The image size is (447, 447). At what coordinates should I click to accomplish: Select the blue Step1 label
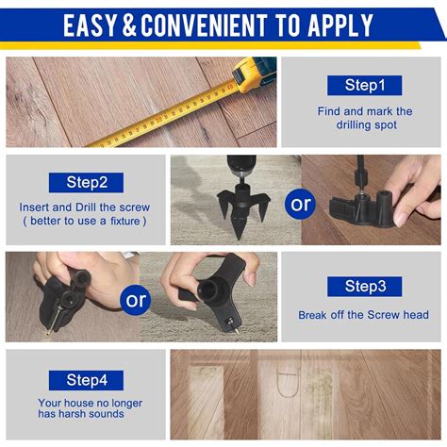pos(364,86)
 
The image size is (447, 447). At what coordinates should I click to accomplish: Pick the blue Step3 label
pos(364,286)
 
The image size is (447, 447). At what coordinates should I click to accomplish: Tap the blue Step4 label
pos(86,380)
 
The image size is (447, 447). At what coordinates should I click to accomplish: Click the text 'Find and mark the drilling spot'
pos(364,118)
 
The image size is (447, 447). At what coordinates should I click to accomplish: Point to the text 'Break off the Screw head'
pos(364,316)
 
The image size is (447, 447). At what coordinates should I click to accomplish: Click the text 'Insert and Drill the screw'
pos(85,207)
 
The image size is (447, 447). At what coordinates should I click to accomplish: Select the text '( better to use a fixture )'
pos(85,222)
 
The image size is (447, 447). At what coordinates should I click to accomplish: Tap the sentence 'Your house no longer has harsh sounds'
pos(91,409)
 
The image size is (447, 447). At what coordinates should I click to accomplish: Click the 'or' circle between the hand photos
pos(137,301)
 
